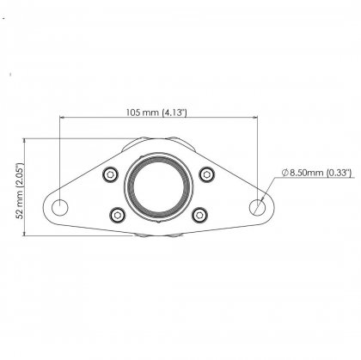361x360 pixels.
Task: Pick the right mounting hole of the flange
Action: click(x=259, y=206)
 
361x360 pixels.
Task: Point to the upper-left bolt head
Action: click(x=109, y=175)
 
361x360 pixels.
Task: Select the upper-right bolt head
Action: click(x=207, y=175)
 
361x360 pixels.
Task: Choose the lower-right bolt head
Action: click(x=199, y=214)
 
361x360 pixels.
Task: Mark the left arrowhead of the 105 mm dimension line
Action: click(x=62, y=119)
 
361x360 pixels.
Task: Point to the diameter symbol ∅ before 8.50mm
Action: click(x=283, y=173)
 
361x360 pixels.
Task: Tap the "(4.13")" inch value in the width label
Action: click(x=177, y=113)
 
